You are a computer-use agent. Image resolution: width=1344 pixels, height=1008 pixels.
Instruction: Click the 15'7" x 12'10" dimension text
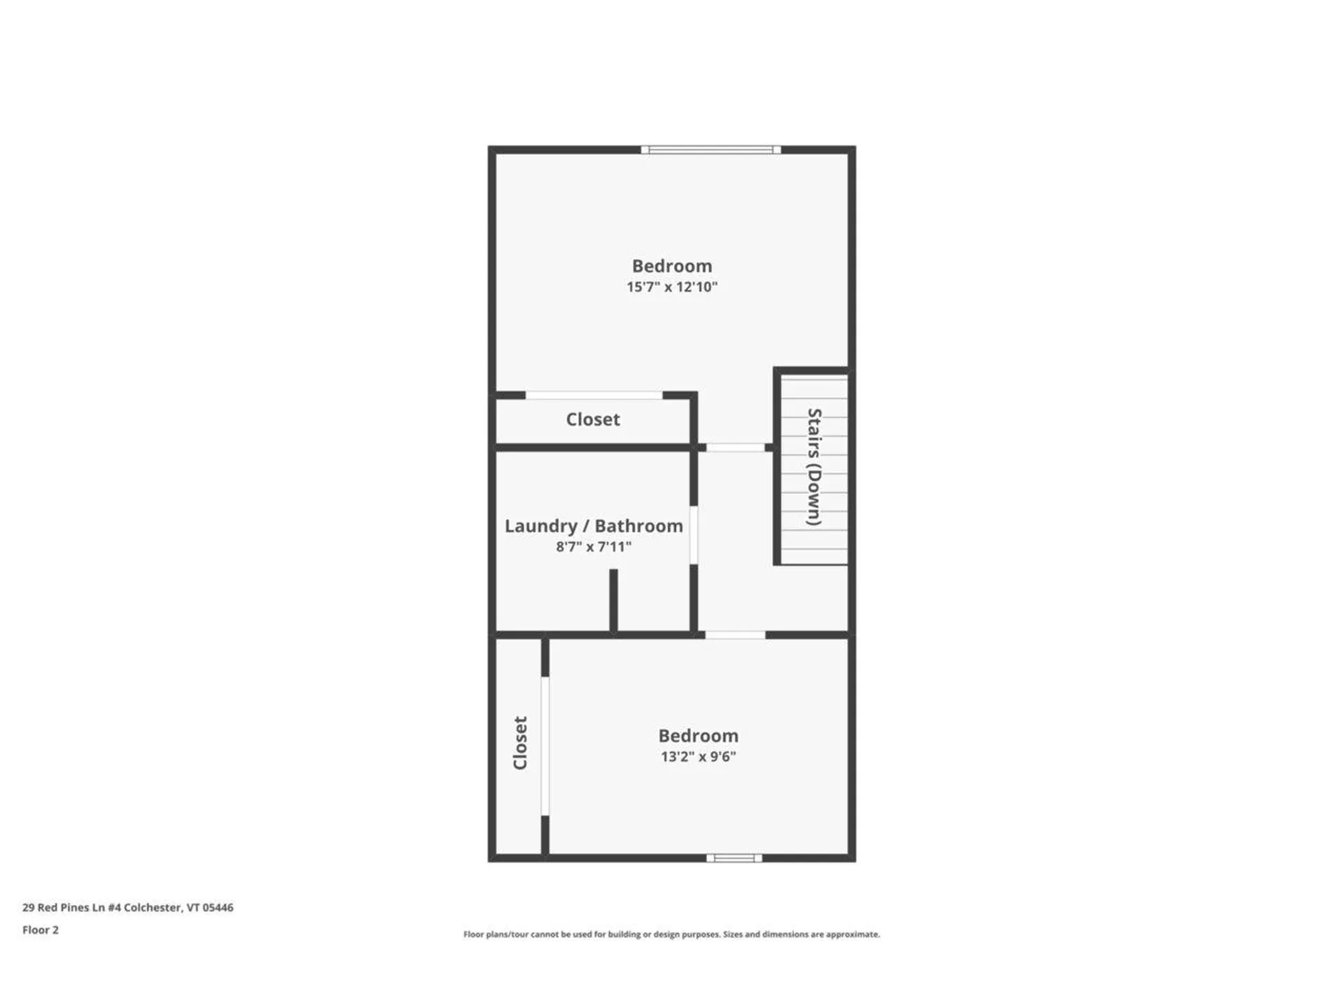point(671,286)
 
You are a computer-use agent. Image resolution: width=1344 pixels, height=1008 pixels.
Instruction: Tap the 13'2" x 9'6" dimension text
point(698,756)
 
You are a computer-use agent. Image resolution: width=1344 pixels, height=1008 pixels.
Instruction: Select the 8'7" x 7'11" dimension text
point(594,546)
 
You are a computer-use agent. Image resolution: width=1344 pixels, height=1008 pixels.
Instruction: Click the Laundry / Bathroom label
point(594,526)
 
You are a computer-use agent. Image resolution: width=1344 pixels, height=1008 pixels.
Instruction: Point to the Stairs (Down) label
point(813,467)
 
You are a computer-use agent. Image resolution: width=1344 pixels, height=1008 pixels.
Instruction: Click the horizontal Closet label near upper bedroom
point(593,419)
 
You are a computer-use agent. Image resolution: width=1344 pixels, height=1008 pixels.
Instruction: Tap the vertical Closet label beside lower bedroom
point(520,743)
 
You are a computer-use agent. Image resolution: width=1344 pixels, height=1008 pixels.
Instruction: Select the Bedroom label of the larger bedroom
point(671,266)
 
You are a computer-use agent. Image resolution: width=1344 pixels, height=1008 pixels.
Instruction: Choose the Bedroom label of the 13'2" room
point(698,736)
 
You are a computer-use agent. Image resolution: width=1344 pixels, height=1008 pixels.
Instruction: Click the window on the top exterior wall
point(710,149)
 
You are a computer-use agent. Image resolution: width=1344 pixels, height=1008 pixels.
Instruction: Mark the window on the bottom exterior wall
point(734,857)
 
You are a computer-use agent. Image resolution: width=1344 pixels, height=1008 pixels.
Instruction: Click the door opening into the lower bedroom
point(734,635)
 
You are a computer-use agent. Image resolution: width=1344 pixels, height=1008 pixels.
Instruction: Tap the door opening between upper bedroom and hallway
point(735,447)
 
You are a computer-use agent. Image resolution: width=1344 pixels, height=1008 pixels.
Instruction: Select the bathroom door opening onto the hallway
point(694,535)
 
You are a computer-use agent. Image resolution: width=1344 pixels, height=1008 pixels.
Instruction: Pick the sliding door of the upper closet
point(594,395)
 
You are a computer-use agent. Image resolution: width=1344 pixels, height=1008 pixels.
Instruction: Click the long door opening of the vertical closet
point(545,745)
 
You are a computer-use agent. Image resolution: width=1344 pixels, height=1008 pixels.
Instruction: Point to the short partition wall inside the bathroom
point(613,600)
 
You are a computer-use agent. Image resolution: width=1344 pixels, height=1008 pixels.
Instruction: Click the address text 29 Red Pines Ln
point(127,907)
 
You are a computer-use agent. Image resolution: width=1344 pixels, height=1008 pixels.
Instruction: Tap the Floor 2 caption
point(41,930)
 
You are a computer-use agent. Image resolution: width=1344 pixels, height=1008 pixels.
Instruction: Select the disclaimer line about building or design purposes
point(671,934)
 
